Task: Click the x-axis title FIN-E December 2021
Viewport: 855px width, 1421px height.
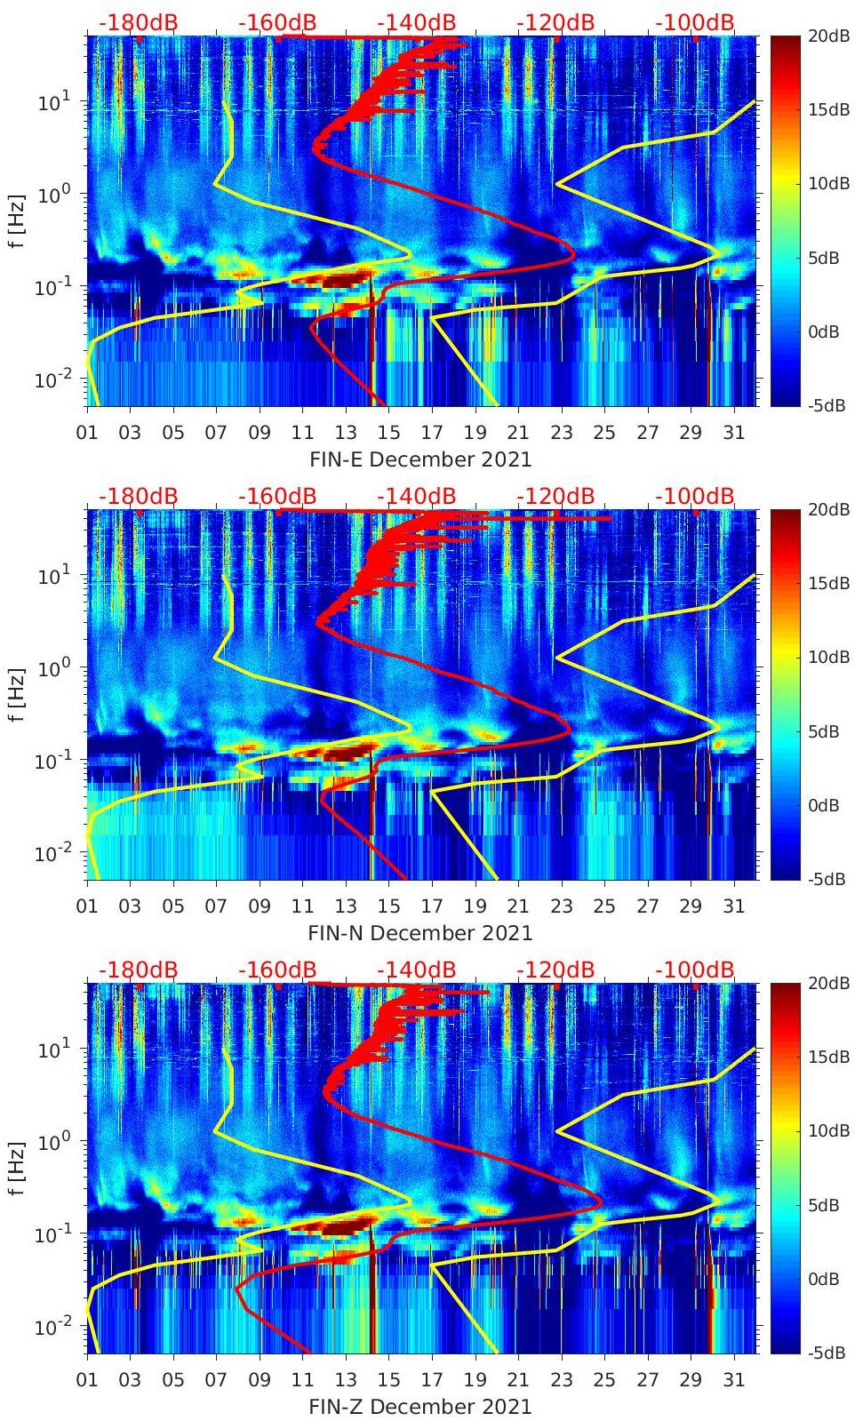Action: (420, 459)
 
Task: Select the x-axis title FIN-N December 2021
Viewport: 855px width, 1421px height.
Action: (420, 933)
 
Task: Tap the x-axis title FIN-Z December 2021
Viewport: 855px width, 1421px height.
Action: (420, 1407)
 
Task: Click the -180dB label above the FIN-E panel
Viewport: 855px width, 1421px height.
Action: (138, 22)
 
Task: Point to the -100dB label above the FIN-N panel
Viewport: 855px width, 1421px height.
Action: (695, 496)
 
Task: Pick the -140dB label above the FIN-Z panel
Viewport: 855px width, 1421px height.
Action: (416, 970)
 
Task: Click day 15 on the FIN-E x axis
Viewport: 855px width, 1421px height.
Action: (388, 433)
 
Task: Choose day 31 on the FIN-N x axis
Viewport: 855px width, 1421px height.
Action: (733, 906)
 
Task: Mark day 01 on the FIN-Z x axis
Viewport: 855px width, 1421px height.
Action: (87, 1380)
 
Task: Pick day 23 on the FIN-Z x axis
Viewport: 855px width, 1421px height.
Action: (561, 1380)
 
